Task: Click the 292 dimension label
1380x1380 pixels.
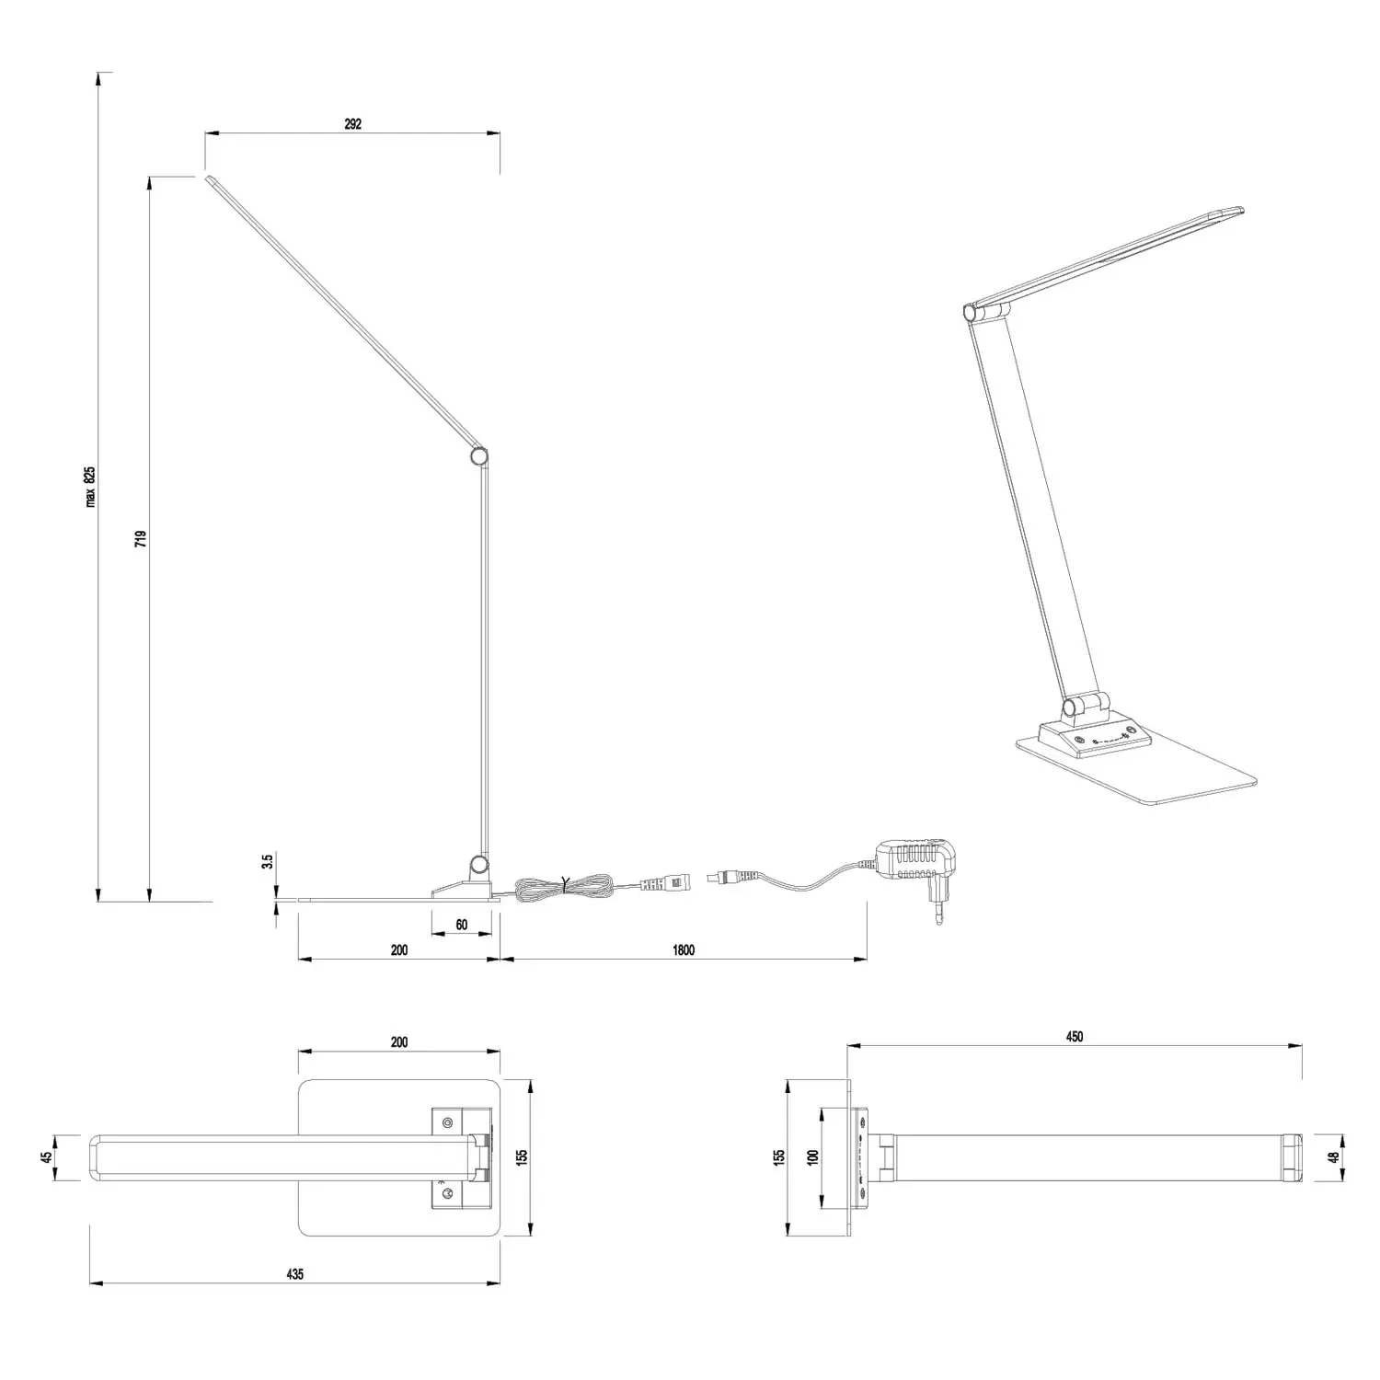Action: (352, 124)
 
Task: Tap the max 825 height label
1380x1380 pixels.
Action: (90, 487)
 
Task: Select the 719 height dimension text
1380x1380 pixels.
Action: (141, 538)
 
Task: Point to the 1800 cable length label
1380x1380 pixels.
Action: (684, 950)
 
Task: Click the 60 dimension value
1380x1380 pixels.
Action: (462, 925)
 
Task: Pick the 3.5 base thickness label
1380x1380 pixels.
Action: (268, 862)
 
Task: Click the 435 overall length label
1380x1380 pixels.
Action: (294, 1274)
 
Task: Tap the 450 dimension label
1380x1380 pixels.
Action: (1075, 1037)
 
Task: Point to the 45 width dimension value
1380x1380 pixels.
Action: (46, 1157)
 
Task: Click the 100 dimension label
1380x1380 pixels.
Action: (812, 1156)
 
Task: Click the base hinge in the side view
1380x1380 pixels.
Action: (477, 863)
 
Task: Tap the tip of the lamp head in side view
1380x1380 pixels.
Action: (208, 178)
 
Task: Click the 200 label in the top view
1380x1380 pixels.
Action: (398, 1042)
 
